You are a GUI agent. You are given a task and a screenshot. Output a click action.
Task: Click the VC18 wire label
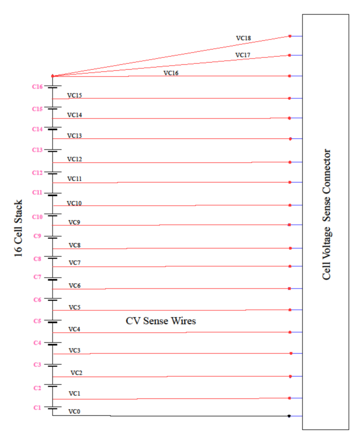tap(243, 38)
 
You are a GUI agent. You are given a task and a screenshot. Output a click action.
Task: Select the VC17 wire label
tap(243, 55)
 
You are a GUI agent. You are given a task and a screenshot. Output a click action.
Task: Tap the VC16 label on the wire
tap(171, 73)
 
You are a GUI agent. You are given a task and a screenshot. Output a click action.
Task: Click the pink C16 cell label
tap(38, 87)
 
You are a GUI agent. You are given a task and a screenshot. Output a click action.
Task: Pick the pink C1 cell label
tap(38, 408)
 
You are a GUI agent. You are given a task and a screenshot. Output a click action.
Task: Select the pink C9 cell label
tap(38, 236)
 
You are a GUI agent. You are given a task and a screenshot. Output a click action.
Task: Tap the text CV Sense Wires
tap(161, 321)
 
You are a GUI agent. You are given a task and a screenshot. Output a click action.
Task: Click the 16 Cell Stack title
tap(19, 229)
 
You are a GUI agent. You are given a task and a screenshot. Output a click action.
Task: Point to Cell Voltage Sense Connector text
tap(326, 215)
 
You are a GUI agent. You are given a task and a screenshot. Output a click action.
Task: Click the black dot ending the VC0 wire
tap(289, 416)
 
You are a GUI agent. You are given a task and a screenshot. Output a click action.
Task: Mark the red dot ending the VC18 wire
tap(290, 36)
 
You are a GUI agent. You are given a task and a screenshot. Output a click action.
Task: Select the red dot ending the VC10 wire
tap(290, 205)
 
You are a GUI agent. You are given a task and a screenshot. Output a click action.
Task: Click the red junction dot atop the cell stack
tap(52, 76)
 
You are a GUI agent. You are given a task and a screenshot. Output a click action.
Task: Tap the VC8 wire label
tap(75, 246)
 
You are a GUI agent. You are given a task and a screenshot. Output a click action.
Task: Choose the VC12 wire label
tap(75, 160)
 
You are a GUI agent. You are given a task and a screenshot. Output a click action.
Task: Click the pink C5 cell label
tap(38, 321)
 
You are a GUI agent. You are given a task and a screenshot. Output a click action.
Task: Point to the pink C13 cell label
tap(38, 150)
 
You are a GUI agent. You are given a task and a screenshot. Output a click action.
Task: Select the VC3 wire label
tap(75, 351)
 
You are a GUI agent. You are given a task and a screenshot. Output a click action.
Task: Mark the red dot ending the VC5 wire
tap(290, 310)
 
